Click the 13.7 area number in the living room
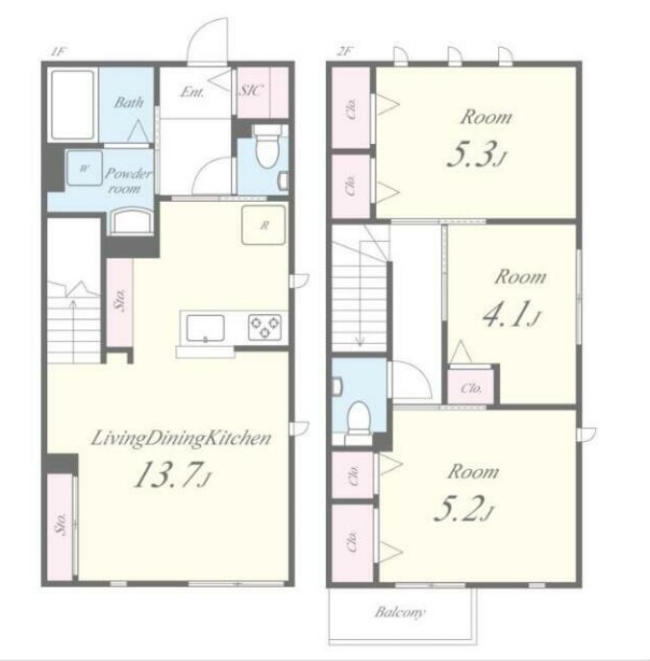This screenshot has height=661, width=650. tap(167, 475)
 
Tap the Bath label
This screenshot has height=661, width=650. tap(129, 102)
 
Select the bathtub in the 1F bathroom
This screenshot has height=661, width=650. tap(72, 105)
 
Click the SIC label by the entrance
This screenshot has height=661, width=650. tap(251, 90)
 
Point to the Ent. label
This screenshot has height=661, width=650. tap(192, 91)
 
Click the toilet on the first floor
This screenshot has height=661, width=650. tap(267, 146)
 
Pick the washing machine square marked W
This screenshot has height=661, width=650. tap(85, 168)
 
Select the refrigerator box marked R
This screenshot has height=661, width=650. tap(263, 225)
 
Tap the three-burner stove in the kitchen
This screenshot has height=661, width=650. tap(264, 327)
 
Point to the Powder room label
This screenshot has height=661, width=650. tap(127, 181)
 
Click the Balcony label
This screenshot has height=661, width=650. tap(400, 612)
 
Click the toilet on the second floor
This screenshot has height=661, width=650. tap(359, 418)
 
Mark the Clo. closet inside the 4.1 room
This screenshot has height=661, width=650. tap(471, 387)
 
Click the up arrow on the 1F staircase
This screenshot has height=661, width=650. tap(73, 330)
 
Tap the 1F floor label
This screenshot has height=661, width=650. tap(58, 52)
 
